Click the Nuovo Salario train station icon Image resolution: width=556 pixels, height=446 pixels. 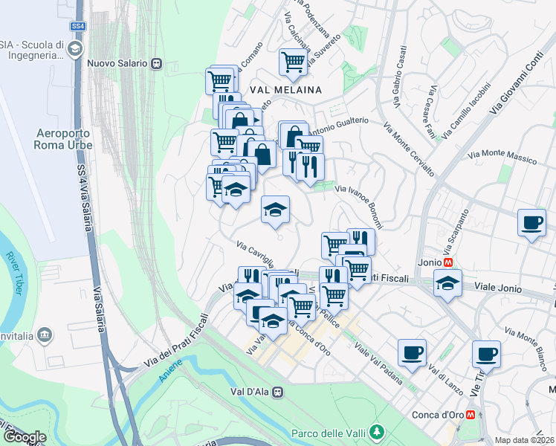pyautogui.click(x=156, y=63)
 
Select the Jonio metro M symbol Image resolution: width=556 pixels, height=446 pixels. pyautogui.click(x=448, y=262)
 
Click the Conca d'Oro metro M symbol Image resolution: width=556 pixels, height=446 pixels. pyautogui.click(x=470, y=415)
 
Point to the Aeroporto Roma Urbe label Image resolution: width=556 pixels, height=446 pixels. pyautogui.click(x=64, y=139)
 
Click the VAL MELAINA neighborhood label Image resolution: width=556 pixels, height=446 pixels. pyautogui.click(x=286, y=89)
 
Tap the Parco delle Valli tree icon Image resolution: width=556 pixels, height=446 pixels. pyautogui.click(x=378, y=431)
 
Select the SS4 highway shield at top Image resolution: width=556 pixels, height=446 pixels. pyautogui.click(x=77, y=26)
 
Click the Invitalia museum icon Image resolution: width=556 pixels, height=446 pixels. pyautogui.click(x=45, y=336)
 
